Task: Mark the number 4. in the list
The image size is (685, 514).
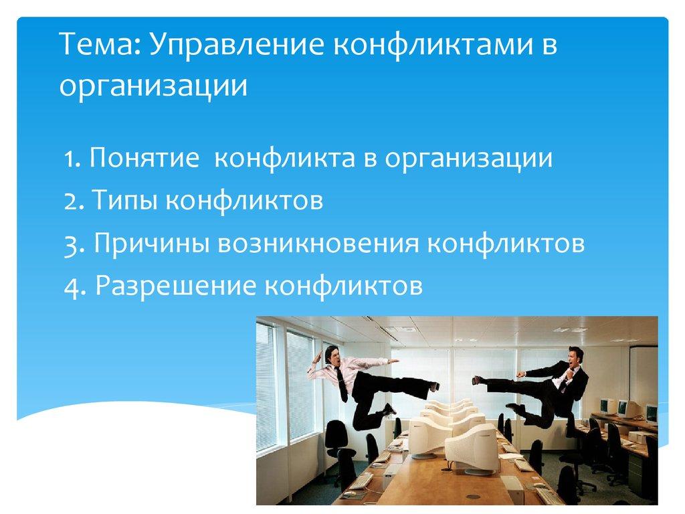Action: pos(74,286)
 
